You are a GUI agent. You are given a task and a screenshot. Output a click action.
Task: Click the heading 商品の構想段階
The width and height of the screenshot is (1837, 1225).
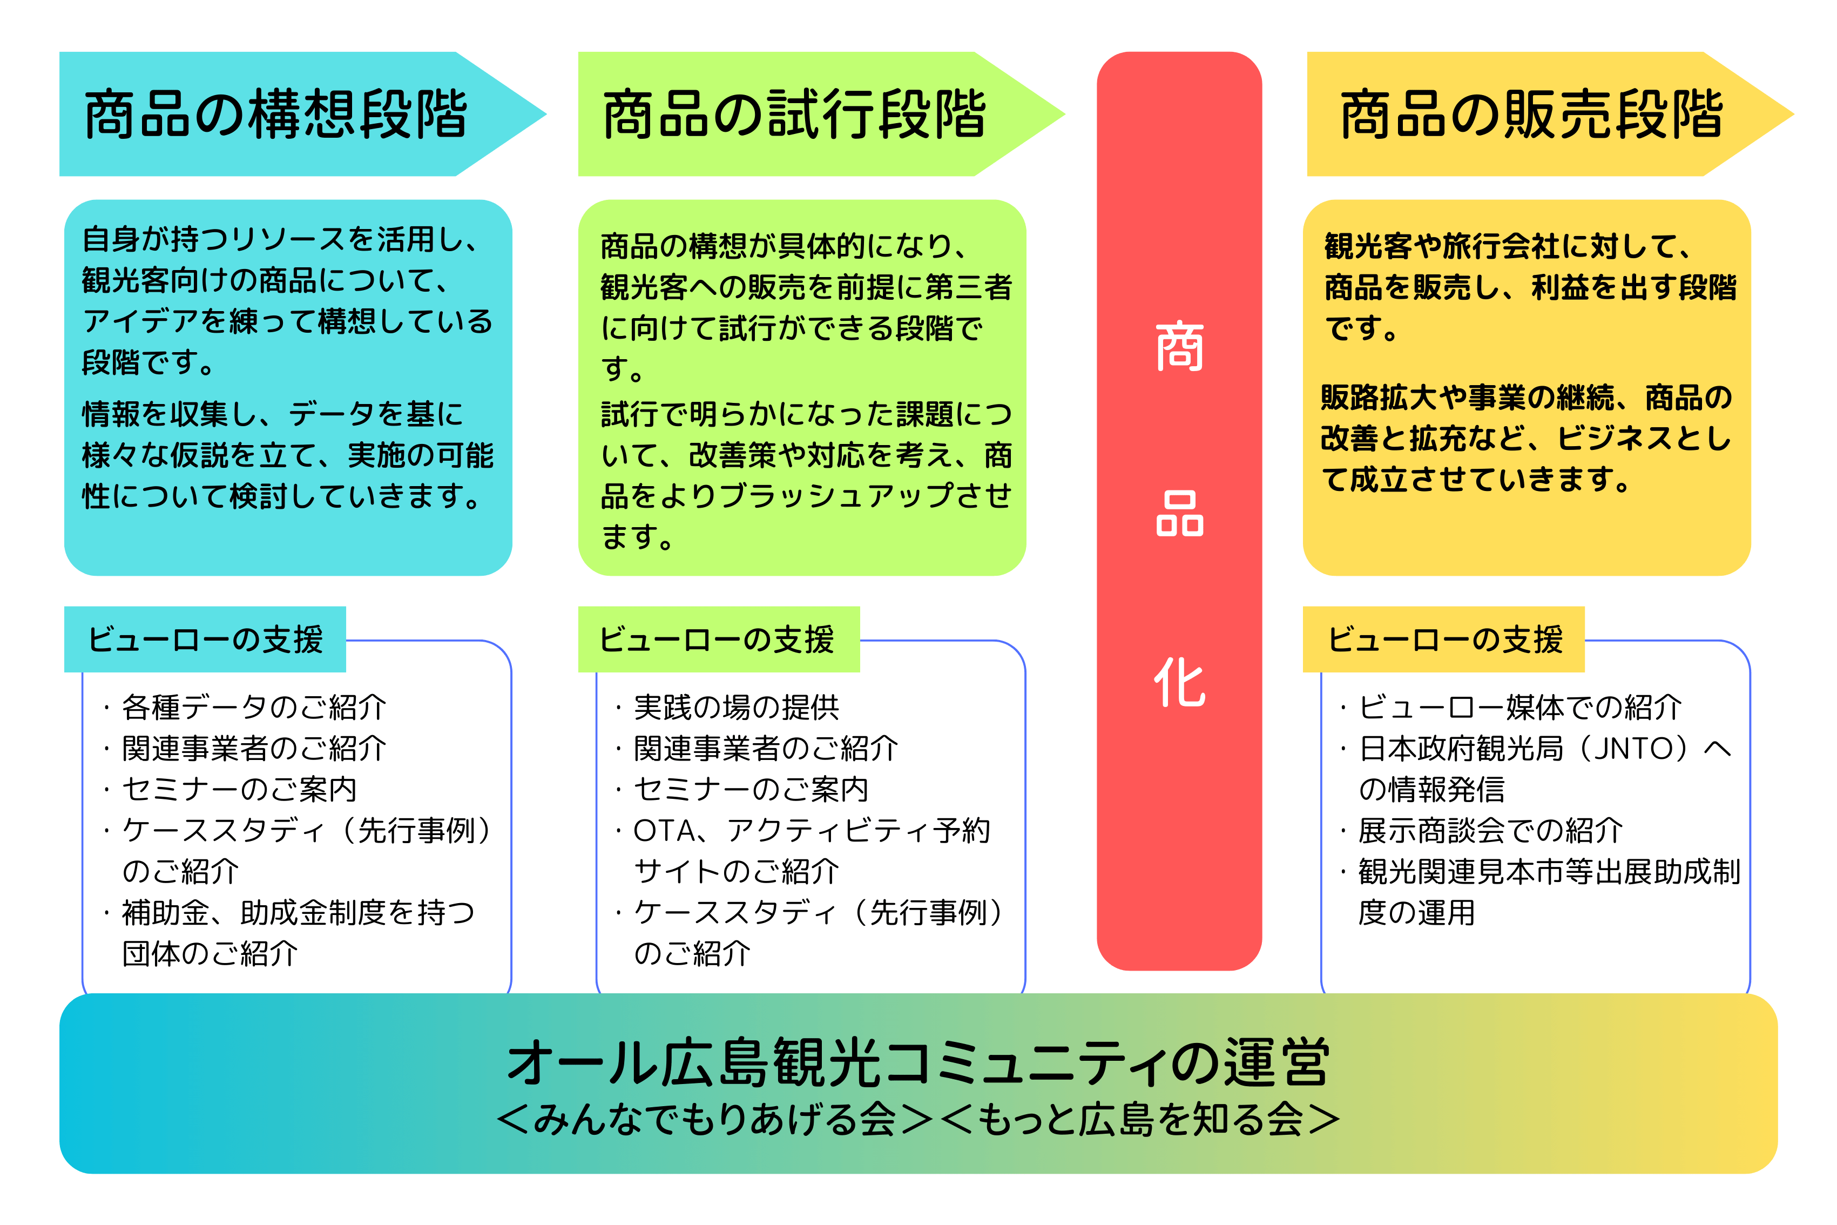[x=275, y=114]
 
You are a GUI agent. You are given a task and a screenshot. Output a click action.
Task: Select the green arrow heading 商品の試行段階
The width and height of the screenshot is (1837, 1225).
[x=794, y=114]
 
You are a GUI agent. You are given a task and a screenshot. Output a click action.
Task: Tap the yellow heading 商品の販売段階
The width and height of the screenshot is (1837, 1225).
[x=1531, y=114]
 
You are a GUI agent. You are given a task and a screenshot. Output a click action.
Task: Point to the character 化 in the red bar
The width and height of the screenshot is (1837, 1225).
[x=1179, y=681]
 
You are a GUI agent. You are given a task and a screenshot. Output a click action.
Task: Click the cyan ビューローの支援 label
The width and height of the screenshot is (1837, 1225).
[x=205, y=639]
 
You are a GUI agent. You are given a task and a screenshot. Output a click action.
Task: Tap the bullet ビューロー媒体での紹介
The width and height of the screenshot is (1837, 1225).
[x=1510, y=707]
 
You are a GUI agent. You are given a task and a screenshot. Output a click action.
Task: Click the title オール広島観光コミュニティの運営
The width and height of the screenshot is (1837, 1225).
[x=918, y=1062]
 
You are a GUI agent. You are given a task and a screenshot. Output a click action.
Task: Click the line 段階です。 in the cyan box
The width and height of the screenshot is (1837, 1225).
[x=148, y=362]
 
